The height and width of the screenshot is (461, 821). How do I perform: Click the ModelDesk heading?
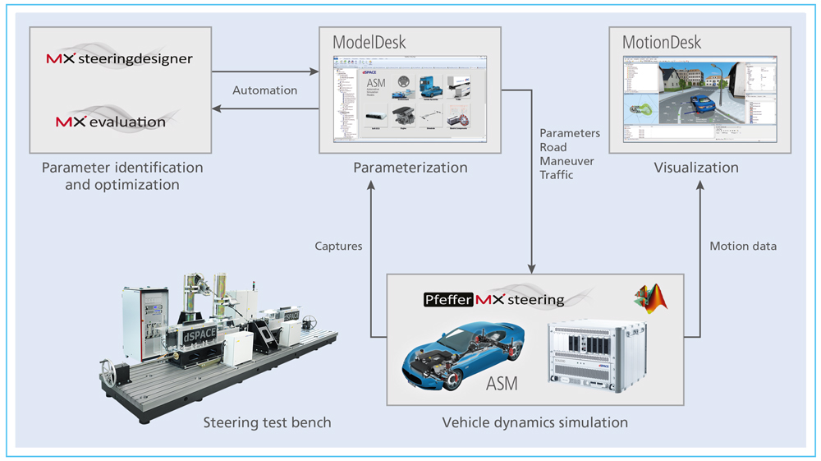pyautogui.click(x=369, y=42)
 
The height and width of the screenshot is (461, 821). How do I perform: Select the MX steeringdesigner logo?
pyautogui.click(x=120, y=59)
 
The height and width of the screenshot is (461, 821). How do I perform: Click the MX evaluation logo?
pyautogui.click(x=111, y=122)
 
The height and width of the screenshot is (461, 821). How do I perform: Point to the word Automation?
pyautogui.click(x=264, y=90)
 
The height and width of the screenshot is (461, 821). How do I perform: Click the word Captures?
pyautogui.click(x=339, y=246)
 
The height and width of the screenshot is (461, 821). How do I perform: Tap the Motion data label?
pyautogui.click(x=742, y=246)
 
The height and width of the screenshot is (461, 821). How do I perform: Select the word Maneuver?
pyautogui.click(x=566, y=161)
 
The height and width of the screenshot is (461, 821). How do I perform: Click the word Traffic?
pyautogui.click(x=559, y=175)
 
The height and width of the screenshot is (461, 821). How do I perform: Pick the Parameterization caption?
pyautogui.click(x=410, y=168)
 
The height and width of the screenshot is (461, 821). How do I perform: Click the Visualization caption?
pyautogui.click(x=696, y=168)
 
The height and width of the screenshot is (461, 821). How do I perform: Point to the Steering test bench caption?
pyautogui.click(x=268, y=422)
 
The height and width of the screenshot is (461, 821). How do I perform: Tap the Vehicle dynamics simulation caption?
pyautogui.click(x=535, y=422)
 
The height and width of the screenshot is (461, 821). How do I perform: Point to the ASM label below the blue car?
pyautogui.click(x=501, y=384)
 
